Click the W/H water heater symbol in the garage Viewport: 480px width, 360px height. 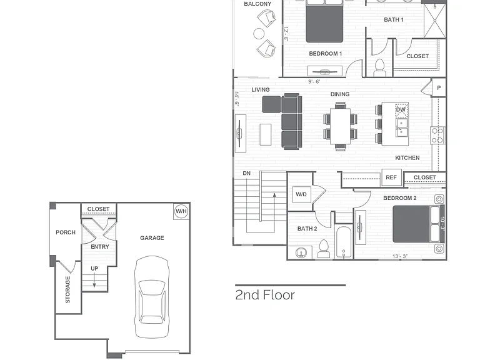[x=181, y=211]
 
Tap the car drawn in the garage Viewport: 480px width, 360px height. [x=152, y=297]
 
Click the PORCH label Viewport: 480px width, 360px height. [x=66, y=232]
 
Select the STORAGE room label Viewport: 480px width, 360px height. [x=67, y=289]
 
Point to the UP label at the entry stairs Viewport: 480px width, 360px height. [x=94, y=269]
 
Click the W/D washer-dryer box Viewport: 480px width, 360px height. [x=301, y=194]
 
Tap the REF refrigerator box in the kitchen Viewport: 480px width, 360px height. [x=391, y=177]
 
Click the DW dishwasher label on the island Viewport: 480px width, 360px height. [x=401, y=109]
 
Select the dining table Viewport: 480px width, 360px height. [x=340, y=126]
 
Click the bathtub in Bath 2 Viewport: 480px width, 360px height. [x=344, y=241]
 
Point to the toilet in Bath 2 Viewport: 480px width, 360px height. [x=324, y=249]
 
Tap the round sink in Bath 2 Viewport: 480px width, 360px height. [x=301, y=252]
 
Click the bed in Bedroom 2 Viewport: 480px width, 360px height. [x=418, y=224]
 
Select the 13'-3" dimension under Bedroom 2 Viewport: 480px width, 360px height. [x=400, y=256]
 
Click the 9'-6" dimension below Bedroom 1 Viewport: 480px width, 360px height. [x=314, y=81]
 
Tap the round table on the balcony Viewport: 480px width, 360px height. [x=259, y=34]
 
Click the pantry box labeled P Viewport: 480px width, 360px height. [x=439, y=88]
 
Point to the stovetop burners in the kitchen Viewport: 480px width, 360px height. [x=437, y=135]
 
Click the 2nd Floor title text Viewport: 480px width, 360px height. [x=265, y=295]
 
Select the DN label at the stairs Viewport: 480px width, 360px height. [x=247, y=173]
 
